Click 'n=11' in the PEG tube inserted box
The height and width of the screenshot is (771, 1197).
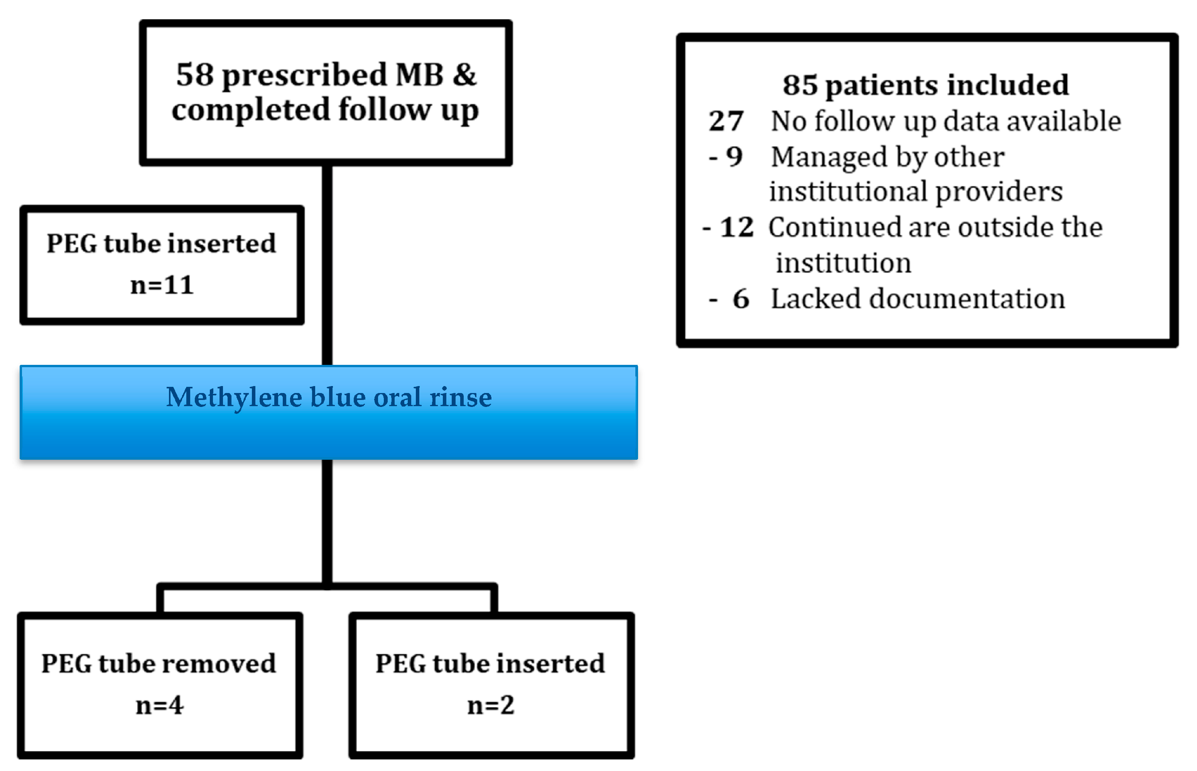(162, 285)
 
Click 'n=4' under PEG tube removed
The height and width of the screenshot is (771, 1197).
(160, 705)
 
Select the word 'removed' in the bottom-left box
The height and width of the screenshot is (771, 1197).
(219, 663)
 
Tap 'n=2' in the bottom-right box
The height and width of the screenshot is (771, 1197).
(491, 705)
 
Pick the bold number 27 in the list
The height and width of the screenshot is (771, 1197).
(726, 121)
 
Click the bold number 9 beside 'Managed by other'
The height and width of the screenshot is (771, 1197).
(734, 157)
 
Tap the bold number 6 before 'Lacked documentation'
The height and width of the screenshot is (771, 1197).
(741, 299)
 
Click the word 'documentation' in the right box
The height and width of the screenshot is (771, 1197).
(967, 299)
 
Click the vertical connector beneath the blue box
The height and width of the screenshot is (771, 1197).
(327, 521)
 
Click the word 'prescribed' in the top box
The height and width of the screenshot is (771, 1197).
(304, 76)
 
